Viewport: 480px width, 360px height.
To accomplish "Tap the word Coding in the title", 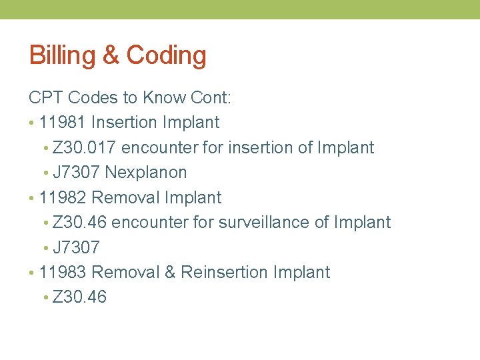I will click(x=166, y=55).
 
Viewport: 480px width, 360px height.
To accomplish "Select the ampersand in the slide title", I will click(x=111, y=55).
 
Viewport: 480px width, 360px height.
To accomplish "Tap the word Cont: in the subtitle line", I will click(x=211, y=98).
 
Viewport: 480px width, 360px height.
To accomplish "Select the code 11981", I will click(x=63, y=123).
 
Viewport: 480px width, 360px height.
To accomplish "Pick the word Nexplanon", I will click(x=146, y=173).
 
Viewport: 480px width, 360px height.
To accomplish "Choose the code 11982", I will click(x=63, y=198).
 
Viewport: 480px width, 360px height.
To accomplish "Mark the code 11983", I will click(x=63, y=273).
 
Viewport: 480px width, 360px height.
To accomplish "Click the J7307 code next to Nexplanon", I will click(x=76, y=173).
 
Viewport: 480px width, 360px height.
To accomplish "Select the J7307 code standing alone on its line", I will click(x=76, y=248).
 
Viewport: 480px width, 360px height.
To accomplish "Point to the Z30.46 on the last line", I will click(x=79, y=297).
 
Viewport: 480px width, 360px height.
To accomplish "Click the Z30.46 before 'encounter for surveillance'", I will click(x=79, y=223).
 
